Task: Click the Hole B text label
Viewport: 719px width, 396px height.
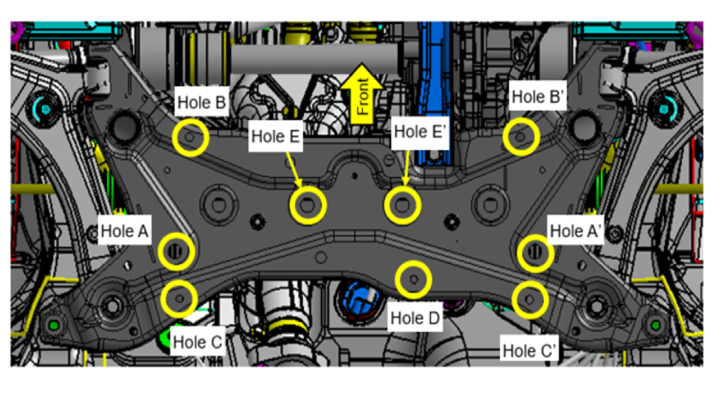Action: click(202, 102)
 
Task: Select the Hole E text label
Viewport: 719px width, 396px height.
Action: click(275, 137)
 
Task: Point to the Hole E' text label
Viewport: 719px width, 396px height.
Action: click(420, 131)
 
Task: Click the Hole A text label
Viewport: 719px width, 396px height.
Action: click(124, 231)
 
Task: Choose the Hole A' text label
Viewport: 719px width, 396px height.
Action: click(575, 231)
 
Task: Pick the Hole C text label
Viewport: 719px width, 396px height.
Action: click(197, 342)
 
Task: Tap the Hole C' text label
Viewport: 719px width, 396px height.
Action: click(529, 351)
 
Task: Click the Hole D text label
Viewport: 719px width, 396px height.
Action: click(415, 318)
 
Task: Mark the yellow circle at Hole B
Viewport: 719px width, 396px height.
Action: click(190, 137)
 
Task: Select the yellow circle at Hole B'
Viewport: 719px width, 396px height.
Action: click(521, 137)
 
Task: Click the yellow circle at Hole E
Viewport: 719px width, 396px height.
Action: click(308, 205)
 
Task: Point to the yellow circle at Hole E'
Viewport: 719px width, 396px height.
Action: click(402, 205)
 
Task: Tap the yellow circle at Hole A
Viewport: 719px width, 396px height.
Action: click(176, 251)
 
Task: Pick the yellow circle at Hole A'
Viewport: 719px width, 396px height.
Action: click(535, 252)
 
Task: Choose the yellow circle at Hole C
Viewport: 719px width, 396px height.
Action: click(179, 299)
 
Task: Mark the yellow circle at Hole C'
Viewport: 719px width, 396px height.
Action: click(530, 300)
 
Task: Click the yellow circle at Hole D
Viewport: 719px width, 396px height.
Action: click(413, 280)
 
